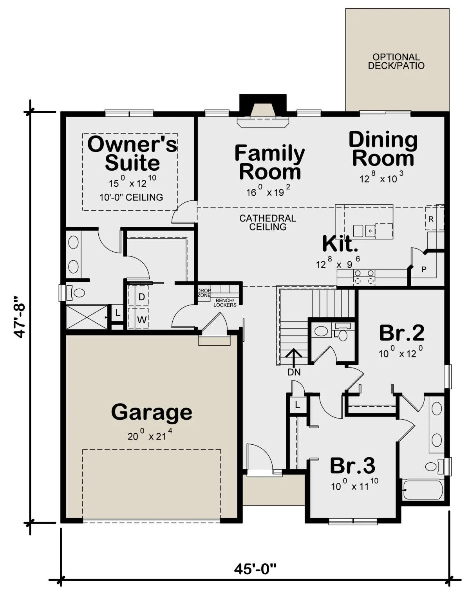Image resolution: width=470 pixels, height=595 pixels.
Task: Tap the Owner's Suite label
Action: [x=132, y=153]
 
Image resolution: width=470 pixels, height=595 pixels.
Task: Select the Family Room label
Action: [x=270, y=162]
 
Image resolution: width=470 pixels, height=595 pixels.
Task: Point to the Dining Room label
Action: [x=383, y=149]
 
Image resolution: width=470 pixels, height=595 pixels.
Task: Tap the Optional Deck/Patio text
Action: [x=396, y=61]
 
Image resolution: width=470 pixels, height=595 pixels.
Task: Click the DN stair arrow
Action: [x=293, y=356]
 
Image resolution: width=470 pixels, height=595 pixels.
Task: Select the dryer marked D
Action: [x=142, y=297]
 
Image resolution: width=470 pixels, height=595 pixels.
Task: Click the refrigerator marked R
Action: [x=431, y=219]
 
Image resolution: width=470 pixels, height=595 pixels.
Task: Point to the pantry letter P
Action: [x=424, y=269]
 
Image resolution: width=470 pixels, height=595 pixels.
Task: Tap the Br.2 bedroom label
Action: [x=402, y=333]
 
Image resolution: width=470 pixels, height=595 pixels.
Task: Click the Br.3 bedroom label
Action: [x=353, y=466]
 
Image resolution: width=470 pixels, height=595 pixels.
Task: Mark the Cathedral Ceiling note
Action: [x=268, y=222]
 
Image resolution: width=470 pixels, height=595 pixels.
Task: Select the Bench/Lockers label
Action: [x=225, y=303]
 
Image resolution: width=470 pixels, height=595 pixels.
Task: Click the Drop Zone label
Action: [x=204, y=293]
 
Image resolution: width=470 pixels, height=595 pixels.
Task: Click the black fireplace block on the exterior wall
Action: [x=263, y=105]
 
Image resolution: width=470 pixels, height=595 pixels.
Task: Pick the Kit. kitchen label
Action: [x=340, y=243]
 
